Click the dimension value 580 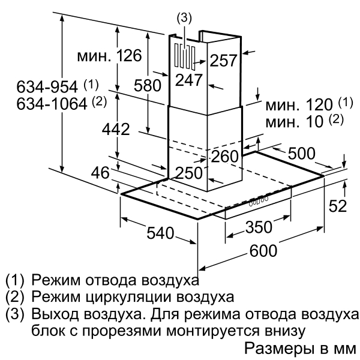[x=148, y=85]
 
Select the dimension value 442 [x=116, y=129]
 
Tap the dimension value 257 [x=223, y=61]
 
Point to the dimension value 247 [x=189, y=80]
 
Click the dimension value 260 [x=225, y=157]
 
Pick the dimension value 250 [x=189, y=173]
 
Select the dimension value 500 [x=301, y=154]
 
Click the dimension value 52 [x=337, y=206]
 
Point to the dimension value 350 [x=259, y=227]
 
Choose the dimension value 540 [x=160, y=233]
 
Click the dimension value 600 [x=263, y=250]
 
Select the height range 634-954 [x=47, y=87]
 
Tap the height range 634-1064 [x=52, y=104]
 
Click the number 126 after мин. [x=129, y=56]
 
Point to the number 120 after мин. [x=319, y=104]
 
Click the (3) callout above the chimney [x=184, y=18]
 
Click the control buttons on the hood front [x=259, y=201]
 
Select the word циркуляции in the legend [x=129, y=297]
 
